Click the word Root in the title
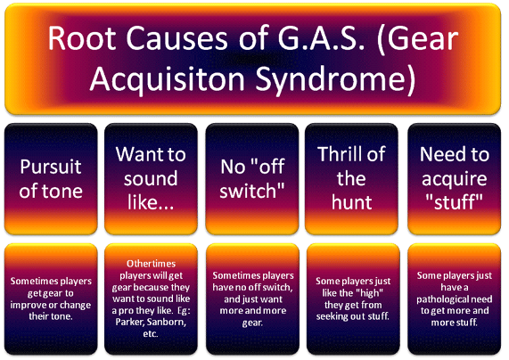tap(82, 38)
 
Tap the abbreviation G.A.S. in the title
tap(321, 38)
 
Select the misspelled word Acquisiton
tap(167, 79)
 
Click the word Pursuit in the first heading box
tap(51, 167)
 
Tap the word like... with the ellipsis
tap(151, 202)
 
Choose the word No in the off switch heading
tap(233, 167)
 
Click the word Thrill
tap(340, 154)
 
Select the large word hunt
tap(351, 202)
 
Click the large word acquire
tap(454, 179)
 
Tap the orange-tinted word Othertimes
tap(151, 264)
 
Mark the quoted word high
tap(368, 293)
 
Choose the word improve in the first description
tap(29, 305)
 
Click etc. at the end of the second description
tap(151, 334)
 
